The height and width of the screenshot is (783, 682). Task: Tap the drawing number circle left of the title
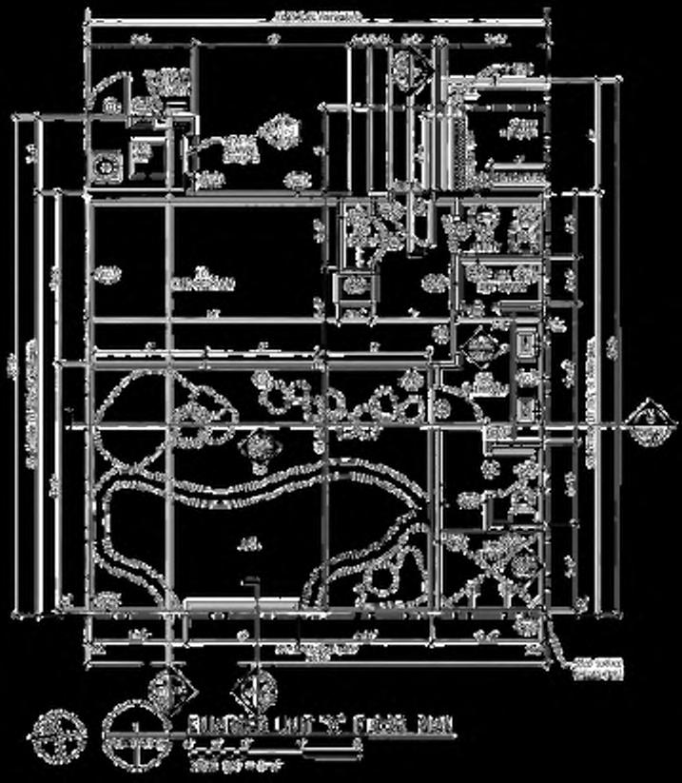[133, 734]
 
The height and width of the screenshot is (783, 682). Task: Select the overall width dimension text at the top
[317, 17]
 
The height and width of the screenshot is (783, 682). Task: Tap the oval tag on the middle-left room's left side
[107, 275]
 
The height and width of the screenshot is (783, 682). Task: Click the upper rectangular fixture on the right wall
[524, 345]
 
